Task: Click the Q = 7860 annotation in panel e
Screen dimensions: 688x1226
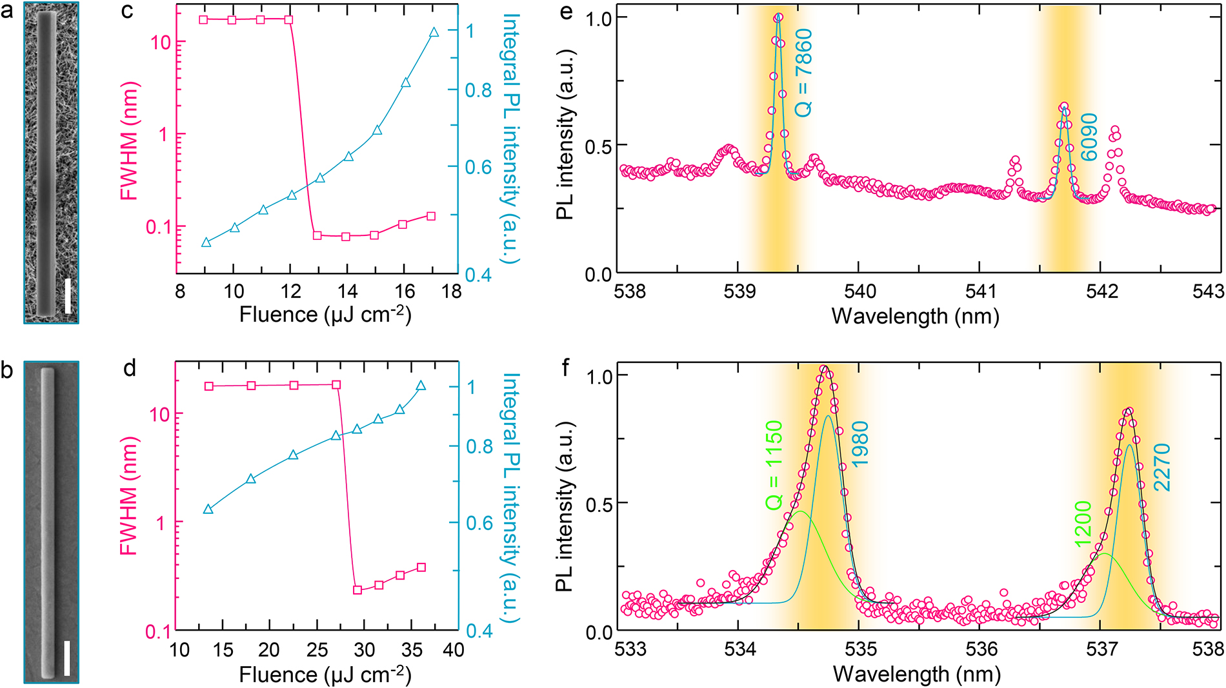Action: click(803, 73)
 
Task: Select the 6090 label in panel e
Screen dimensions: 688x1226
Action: click(1089, 137)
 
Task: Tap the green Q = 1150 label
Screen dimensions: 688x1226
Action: click(774, 466)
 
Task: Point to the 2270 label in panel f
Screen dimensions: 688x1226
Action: click(1161, 467)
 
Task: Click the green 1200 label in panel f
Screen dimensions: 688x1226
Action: click(1083, 524)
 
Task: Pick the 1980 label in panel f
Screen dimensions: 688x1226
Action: click(860, 444)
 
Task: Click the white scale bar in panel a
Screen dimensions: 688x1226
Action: click(68, 297)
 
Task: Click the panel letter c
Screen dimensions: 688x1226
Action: click(128, 11)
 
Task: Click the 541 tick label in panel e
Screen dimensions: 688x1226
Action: click(980, 291)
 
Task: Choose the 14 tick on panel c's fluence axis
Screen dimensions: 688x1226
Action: click(348, 291)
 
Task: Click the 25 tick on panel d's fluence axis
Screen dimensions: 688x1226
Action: click(317, 649)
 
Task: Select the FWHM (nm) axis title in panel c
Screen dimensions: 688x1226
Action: click(129, 141)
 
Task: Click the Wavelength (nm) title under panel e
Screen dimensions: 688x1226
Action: click(915, 316)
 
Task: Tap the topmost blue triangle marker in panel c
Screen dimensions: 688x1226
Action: click(434, 32)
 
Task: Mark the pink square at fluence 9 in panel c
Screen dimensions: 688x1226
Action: click(204, 20)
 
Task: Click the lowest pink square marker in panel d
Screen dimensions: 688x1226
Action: click(357, 590)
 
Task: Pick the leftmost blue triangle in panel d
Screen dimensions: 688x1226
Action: click(208, 509)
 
